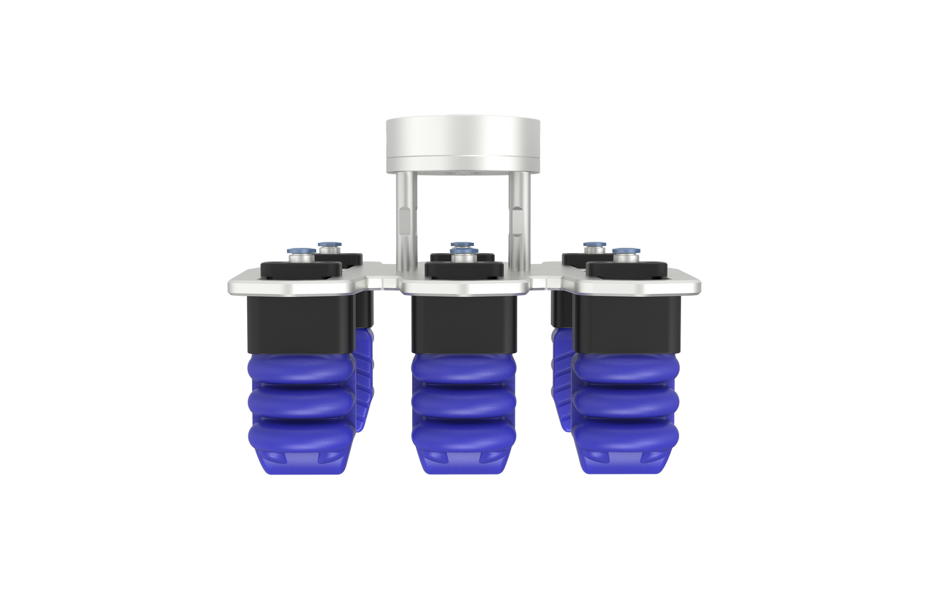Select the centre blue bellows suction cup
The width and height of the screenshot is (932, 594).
click(463, 400)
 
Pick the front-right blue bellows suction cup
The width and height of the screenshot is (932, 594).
click(626, 400)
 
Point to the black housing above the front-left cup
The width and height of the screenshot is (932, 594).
click(299, 323)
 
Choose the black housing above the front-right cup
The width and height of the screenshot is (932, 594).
click(626, 323)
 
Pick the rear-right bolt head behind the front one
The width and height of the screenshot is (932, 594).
click(593, 246)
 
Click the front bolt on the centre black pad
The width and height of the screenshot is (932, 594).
click(463, 257)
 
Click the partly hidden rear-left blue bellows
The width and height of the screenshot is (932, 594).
click(365, 374)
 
